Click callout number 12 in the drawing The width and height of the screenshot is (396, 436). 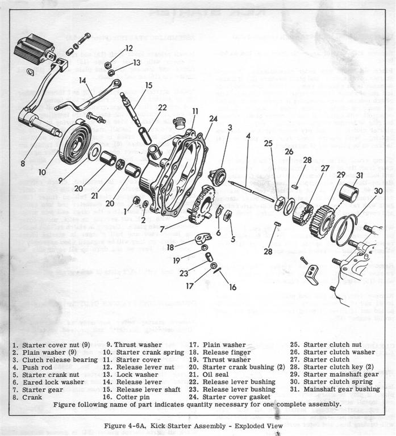(x=129, y=48)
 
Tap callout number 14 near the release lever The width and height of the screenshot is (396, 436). (x=82, y=81)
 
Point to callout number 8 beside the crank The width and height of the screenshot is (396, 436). (x=23, y=164)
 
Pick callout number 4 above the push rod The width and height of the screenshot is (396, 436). (x=248, y=136)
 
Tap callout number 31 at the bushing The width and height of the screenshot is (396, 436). (x=359, y=175)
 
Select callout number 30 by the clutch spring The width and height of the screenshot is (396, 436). (x=378, y=191)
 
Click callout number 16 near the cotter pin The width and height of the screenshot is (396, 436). (x=232, y=287)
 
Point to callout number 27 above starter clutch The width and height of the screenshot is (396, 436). (x=325, y=168)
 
